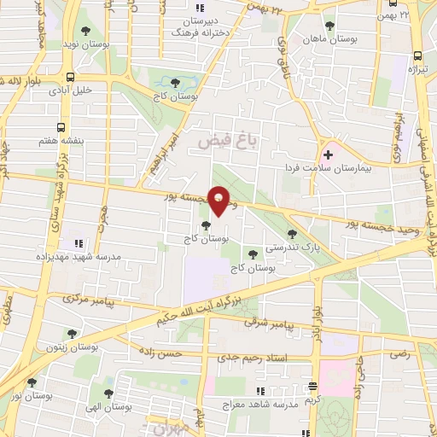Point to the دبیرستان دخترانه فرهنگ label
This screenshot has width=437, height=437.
point(195,25)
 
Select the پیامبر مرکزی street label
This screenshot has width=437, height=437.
point(89,300)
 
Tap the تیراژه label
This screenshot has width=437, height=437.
point(416,67)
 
